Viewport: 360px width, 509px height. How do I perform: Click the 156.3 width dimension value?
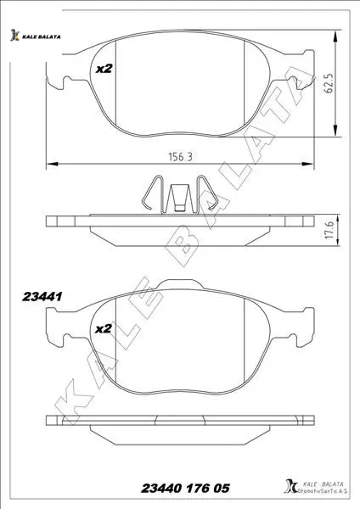pyautogui.click(x=180, y=157)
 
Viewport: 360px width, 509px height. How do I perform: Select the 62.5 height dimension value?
pyautogui.click(x=329, y=83)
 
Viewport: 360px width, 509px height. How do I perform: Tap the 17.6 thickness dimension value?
pyautogui.click(x=329, y=231)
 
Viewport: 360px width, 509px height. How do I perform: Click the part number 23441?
pyautogui.click(x=42, y=296)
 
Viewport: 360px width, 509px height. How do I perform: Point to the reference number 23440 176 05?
pyautogui.click(x=185, y=488)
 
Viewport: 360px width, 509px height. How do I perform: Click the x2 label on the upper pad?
pyautogui.click(x=104, y=69)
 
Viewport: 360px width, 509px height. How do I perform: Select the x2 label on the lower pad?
pyautogui.click(x=104, y=328)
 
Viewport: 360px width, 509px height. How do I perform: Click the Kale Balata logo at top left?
pyautogui.click(x=35, y=36)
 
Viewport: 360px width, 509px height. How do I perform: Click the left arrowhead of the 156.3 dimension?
pyautogui.click(x=52, y=164)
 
